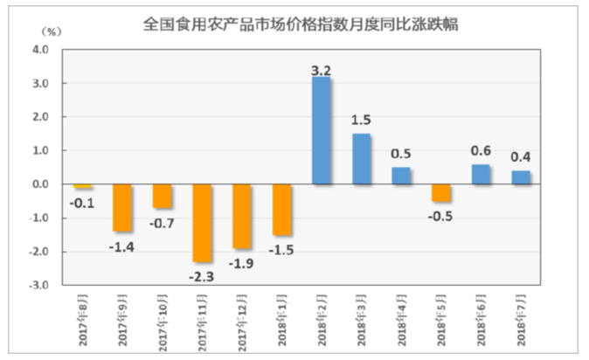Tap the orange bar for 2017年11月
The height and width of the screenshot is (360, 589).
pyautogui.click(x=203, y=223)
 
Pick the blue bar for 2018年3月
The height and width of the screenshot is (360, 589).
pyautogui.click(x=361, y=159)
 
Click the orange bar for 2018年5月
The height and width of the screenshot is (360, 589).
pyautogui.click(x=441, y=192)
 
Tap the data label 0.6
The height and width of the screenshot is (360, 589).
pyautogui.click(x=482, y=149)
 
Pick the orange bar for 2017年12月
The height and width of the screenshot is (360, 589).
pyautogui.click(x=242, y=217)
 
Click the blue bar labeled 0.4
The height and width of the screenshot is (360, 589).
pyautogui.click(x=522, y=177)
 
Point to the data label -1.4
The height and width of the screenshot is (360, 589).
pyautogui.click(x=122, y=246)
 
